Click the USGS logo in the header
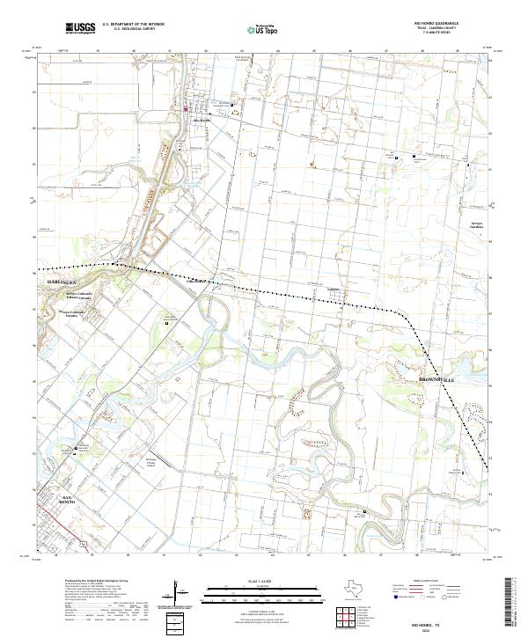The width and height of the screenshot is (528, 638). pos(80,28)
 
